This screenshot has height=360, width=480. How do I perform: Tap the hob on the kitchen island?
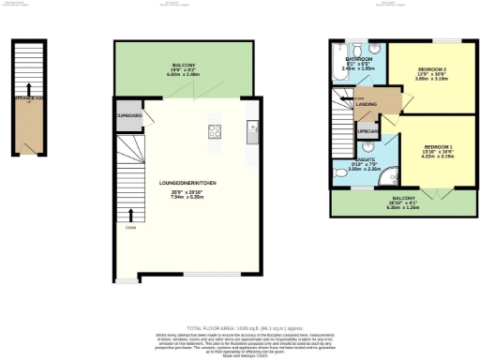coord(214,131)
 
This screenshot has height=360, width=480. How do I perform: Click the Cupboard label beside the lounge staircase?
coord(127,115)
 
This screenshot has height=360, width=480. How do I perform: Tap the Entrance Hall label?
coord(23,97)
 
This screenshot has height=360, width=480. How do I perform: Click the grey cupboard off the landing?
coord(367,131)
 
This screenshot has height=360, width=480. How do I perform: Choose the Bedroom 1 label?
coord(438,152)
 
